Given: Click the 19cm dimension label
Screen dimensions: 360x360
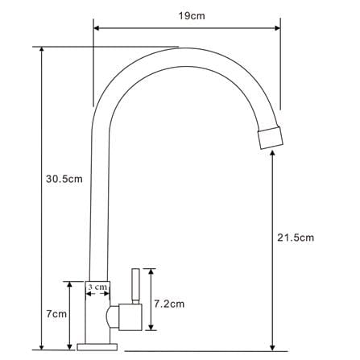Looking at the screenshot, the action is [x=192, y=16].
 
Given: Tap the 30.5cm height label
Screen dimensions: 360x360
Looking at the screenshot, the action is [x=64, y=179].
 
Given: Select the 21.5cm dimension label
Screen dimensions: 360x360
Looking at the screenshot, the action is [x=296, y=238].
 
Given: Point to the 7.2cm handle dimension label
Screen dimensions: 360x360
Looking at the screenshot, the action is [x=169, y=304].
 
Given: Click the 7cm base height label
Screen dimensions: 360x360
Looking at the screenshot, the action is [x=56, y=313].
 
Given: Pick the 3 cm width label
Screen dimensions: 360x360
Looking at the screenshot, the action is [x=97, y=287].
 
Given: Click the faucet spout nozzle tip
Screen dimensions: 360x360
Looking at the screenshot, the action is [x=271, y=138].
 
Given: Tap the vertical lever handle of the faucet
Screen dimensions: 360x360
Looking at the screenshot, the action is [x=136, y=286].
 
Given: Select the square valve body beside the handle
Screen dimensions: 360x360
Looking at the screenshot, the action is [x=130, y=317].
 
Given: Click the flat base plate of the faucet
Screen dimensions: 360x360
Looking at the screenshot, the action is [x=97, y=347].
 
